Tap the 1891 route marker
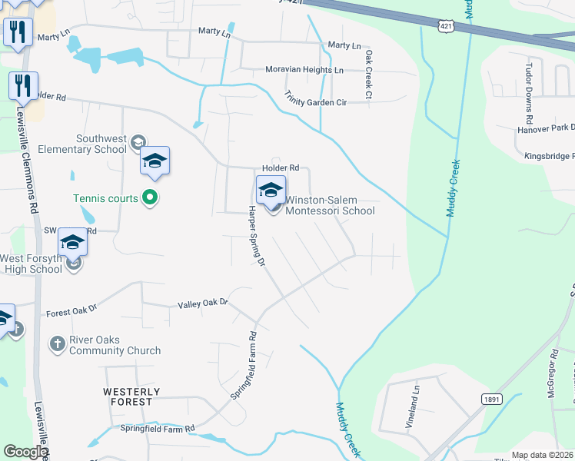pyautogui.click(x=492, y=400)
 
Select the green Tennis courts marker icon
pyautogui.click(x=151, y=198)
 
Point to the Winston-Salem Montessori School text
pyautogui.click(x=331, y=205)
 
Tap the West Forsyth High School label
pyautogui.click(x=32, y=264)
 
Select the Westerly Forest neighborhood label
pyautogui.click(x=131, y=397)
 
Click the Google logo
pyautogui.click(x=25, y=452)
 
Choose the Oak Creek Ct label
pyautogui.click(x=369, y=75)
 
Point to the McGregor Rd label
pyautogui.click(x=554, y=376)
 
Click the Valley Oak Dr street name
pyautogui.click(x=204, y=303)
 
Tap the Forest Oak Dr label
pyautogui.click(x=71, y=311)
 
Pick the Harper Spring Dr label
pyautogui.click(x=255, y=237)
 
